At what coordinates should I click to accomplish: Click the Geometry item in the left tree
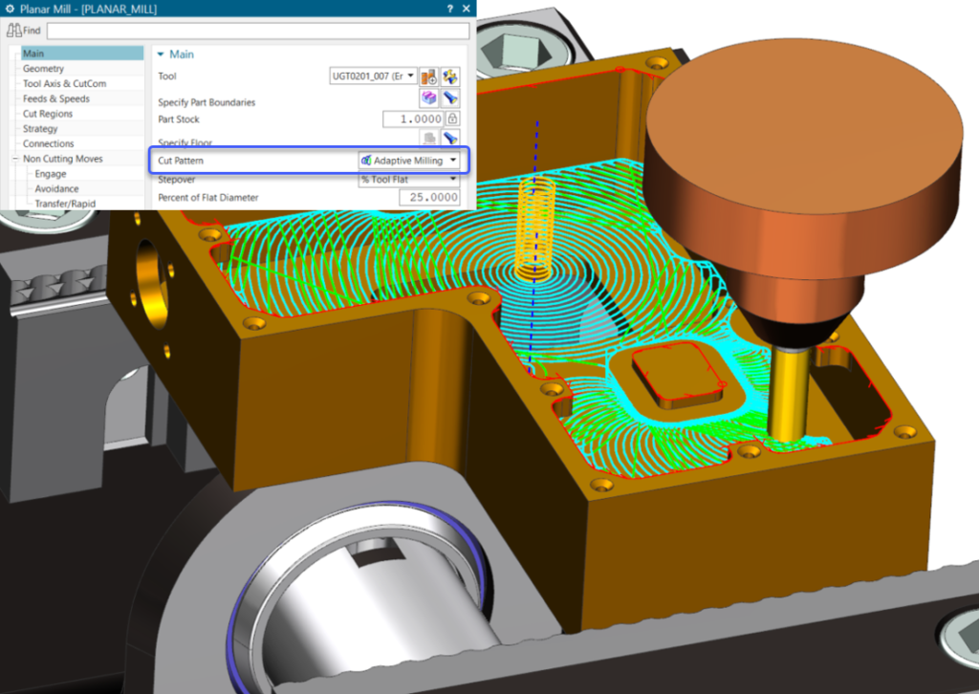[x=44, y=69]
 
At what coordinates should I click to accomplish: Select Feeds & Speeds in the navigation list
[x=56, y=98]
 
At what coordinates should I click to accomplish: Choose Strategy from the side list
[x=40, y=128]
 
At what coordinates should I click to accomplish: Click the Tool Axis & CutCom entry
[x=65, y=84]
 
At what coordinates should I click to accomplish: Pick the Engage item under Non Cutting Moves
[x=51, y=174]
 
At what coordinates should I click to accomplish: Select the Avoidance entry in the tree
[x=55, y=188]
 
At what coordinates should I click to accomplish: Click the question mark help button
[x=449, y=9]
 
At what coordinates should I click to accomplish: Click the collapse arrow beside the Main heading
[x=161, y=54]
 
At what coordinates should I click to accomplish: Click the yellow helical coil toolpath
[x=533, y=225]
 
